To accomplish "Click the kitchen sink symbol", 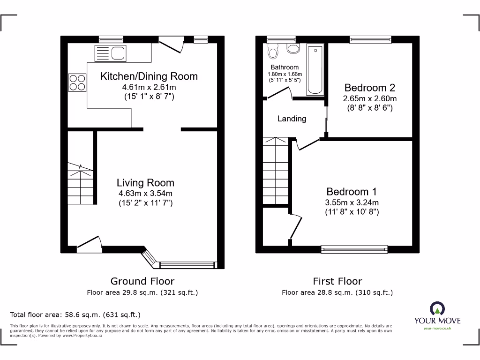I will click(110, 52).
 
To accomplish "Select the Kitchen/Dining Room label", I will click(149, 76).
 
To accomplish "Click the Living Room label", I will click(145, 183).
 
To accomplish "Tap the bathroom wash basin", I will click(293, 49).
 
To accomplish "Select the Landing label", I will click(292, 119).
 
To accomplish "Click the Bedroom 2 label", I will click(369, 88).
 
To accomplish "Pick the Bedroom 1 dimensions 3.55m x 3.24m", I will click(352, 202).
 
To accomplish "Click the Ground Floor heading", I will click(142, 281).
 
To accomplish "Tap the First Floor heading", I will click(337, 281).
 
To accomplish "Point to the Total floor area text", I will click(75, 315).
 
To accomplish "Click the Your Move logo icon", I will click(437, 309).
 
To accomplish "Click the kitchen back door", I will click(171, 45).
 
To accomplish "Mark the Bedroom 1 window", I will click(354, 249).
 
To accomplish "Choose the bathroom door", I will click(279, 94).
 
